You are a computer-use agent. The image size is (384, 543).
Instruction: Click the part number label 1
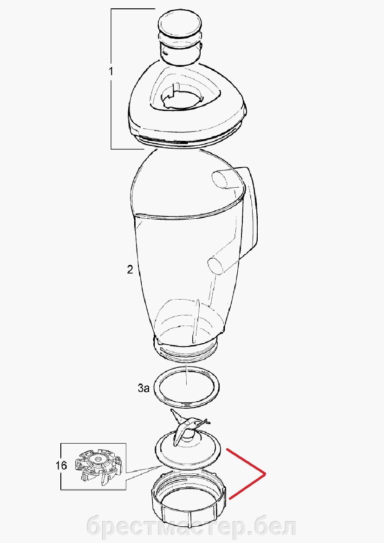click(x=111, y=72)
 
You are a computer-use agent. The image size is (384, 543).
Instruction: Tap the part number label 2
click(x=130, y=269)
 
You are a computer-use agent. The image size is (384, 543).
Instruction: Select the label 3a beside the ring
click(x=143, y=388)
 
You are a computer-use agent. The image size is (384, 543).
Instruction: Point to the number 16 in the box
click(x=61, y=465)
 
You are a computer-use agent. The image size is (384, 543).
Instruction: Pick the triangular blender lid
click(x=187, y=104)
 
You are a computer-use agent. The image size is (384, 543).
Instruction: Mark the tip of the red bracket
click(x=265, y=473)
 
